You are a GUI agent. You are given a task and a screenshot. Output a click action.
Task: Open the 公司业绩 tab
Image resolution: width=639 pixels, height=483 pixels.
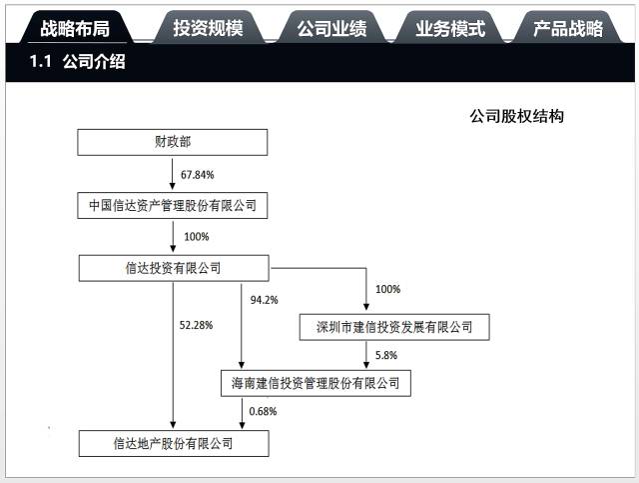[331, 28]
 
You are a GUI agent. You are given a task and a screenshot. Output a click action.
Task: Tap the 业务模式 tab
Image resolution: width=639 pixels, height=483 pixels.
[450, 28]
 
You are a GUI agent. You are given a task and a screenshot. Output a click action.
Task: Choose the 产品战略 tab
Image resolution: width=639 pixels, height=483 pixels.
[568, 28]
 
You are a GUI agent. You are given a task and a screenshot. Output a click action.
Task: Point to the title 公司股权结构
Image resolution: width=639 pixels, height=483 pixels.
[517, 116]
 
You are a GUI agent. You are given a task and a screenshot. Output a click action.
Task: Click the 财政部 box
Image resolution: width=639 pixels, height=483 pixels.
[173, 142]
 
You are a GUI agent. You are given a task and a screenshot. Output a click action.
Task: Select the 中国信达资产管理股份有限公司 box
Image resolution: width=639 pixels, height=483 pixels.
[173, 207]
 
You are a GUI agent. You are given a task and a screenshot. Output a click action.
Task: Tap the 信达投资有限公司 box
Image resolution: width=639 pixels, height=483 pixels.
[173, 268]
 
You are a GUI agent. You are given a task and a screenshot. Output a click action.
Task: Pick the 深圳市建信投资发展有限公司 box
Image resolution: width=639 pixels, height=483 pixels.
[394, 327]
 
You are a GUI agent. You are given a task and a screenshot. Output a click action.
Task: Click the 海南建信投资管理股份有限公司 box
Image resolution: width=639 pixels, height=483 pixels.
[315, 382]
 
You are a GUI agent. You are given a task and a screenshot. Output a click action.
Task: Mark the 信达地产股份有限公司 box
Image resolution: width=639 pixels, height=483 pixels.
[173, 441]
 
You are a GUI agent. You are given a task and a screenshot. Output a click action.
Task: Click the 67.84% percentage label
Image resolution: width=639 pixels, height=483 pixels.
[198, 175]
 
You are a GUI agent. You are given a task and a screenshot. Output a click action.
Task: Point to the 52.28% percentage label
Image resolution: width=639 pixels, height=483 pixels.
[196, 325]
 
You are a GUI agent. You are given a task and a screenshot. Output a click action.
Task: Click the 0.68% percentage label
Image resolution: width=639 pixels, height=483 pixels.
[262, 411]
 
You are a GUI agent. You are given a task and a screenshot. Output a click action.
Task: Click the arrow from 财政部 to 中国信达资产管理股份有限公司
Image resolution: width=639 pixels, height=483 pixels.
[173, 175]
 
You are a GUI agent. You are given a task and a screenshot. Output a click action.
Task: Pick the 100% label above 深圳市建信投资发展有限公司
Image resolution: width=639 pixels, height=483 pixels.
[387, 289]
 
